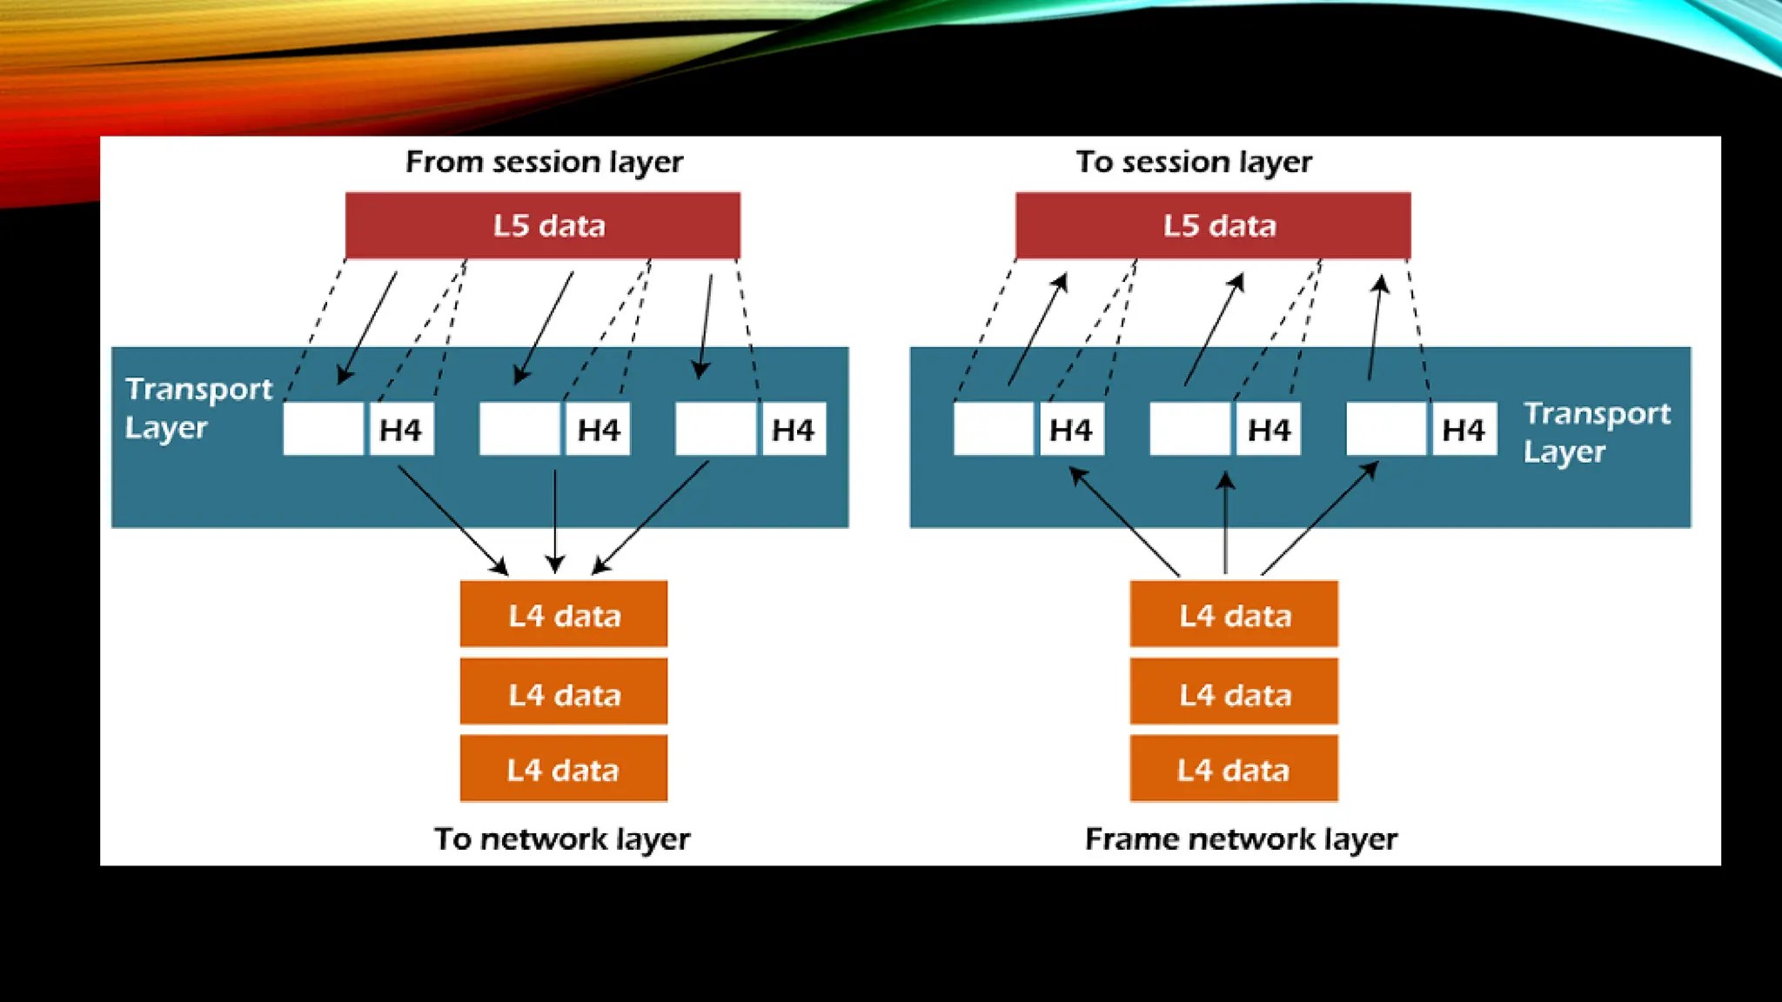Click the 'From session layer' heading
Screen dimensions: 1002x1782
point(544,162)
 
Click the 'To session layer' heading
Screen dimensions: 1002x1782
point(1194,162)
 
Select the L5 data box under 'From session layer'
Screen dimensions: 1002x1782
point(543,225)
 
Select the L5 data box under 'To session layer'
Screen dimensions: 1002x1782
point(1213,225)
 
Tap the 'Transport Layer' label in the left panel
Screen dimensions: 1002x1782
point(198,408)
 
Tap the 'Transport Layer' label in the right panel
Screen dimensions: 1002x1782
point(1596,432)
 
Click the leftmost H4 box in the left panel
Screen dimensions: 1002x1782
point(401,429)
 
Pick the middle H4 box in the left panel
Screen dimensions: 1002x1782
point(598,429)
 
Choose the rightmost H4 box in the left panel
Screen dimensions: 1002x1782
point(793,429)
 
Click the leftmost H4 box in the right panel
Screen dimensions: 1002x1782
point(1071,429)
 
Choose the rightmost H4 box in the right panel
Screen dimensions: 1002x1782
point(1464,429)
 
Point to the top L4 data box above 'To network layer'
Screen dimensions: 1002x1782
point(564,615)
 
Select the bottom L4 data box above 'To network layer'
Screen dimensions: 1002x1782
point(564,769)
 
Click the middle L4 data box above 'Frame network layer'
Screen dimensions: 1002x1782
point(1234,693)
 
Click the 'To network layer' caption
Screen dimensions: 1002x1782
point(562,838)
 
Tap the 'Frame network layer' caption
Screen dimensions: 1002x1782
point(1241,838)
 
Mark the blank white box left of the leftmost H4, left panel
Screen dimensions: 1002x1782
point(323,429)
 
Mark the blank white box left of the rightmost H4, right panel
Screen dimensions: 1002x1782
point(1386,429)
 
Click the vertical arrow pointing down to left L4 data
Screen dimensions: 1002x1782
point(555,520)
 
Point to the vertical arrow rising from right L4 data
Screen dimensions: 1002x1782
point(1225,522)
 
